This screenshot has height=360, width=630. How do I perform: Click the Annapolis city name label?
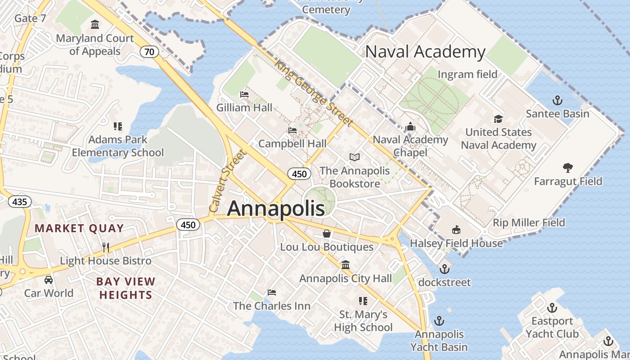pos(276,208)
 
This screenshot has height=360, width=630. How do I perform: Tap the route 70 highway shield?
pos(149,52)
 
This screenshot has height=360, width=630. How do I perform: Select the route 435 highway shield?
pos(20,202)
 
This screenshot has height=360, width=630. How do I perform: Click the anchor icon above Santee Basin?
pos(558,100)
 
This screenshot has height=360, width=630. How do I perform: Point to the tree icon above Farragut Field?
pos(568,168)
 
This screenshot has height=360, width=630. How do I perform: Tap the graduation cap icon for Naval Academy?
pos(498,119)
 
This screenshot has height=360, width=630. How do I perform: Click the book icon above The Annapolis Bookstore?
pos(355,157)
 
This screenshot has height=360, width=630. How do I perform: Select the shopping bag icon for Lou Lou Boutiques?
pos(327,234)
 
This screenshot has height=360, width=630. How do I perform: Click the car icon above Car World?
pos(49,280)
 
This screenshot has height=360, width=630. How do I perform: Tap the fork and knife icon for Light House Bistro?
pos(106,247)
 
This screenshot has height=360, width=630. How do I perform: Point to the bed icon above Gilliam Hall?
pos(244,94)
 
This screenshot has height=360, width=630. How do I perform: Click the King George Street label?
pos(314,93)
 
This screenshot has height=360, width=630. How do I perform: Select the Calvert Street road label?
pos(228,181)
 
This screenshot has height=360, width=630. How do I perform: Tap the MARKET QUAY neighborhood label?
pos(79,228)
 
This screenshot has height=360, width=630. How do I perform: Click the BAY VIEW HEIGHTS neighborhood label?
pos(126,288)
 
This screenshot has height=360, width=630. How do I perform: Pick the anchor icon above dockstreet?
pos(444,269)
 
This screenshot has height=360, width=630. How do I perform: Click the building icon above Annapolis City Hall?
pos(346,265)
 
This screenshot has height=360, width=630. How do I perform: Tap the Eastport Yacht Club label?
pos(552,328)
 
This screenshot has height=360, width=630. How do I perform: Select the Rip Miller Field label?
pos(529,222)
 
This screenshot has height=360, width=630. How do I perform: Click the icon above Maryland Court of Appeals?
pos(95,24)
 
